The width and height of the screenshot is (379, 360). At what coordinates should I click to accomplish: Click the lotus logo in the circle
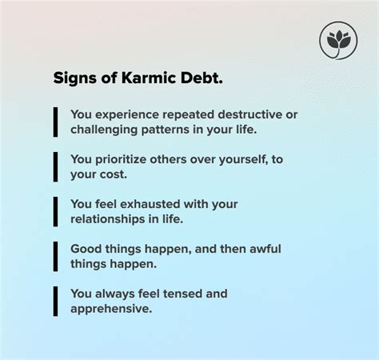338,41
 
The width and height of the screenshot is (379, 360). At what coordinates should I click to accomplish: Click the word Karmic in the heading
149,78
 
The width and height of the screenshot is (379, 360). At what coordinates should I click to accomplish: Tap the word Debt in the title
201,78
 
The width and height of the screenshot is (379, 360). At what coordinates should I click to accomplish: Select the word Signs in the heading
75,78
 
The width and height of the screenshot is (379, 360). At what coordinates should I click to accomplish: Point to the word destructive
250,114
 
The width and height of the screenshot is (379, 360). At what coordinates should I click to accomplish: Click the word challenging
104,130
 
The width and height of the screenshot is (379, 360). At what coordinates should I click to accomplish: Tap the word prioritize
121,160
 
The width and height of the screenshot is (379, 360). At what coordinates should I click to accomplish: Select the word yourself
243,159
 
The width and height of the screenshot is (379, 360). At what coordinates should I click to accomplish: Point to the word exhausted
151,204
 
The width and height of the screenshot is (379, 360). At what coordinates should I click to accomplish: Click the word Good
86,249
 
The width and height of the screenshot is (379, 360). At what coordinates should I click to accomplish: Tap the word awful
265,249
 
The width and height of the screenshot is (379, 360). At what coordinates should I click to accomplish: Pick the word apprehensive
111,309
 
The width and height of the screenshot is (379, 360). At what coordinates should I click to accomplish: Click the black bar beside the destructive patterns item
55,122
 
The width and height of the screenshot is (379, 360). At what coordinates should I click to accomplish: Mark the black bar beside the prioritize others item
55,167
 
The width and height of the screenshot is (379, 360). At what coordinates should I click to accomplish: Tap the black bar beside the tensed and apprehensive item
55,302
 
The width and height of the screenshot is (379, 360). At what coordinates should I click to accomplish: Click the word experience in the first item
127,115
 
